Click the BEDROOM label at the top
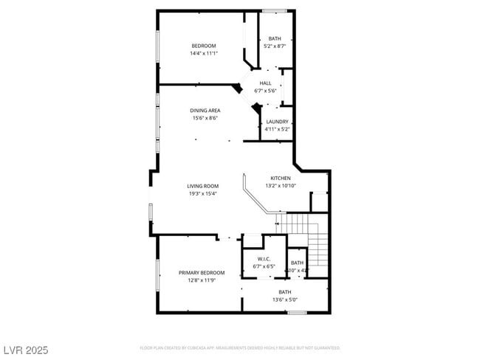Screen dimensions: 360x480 [x=204, y=46]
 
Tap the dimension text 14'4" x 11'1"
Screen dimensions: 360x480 [x=204, y=53]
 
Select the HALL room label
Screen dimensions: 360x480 [x=265, y=83]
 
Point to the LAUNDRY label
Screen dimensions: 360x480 [x=278, y=122]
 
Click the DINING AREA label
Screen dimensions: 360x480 [x=205, y=111]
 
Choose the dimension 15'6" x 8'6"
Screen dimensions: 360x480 [x=205, y=118]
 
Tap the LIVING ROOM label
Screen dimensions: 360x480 [x=202, y=186]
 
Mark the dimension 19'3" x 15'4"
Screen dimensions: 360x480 [x=202, y=193]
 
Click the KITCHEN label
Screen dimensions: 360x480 [x=281, y=178]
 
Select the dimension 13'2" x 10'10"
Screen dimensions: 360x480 [x=281, y=185]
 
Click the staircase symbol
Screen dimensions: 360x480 [x=306, y=236]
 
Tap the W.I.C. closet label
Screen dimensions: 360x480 [x=264, y=259]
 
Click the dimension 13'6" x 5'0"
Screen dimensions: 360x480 [x=284, y=300]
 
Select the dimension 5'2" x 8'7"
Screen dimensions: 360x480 [x=275, y=46]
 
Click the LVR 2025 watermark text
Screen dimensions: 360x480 [x=24, y=350]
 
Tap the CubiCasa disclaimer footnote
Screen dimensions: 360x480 [x=240, y=347]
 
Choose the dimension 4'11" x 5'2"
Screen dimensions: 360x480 [x=278, y=129]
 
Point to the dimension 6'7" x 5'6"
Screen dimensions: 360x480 [x=265, y=91]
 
